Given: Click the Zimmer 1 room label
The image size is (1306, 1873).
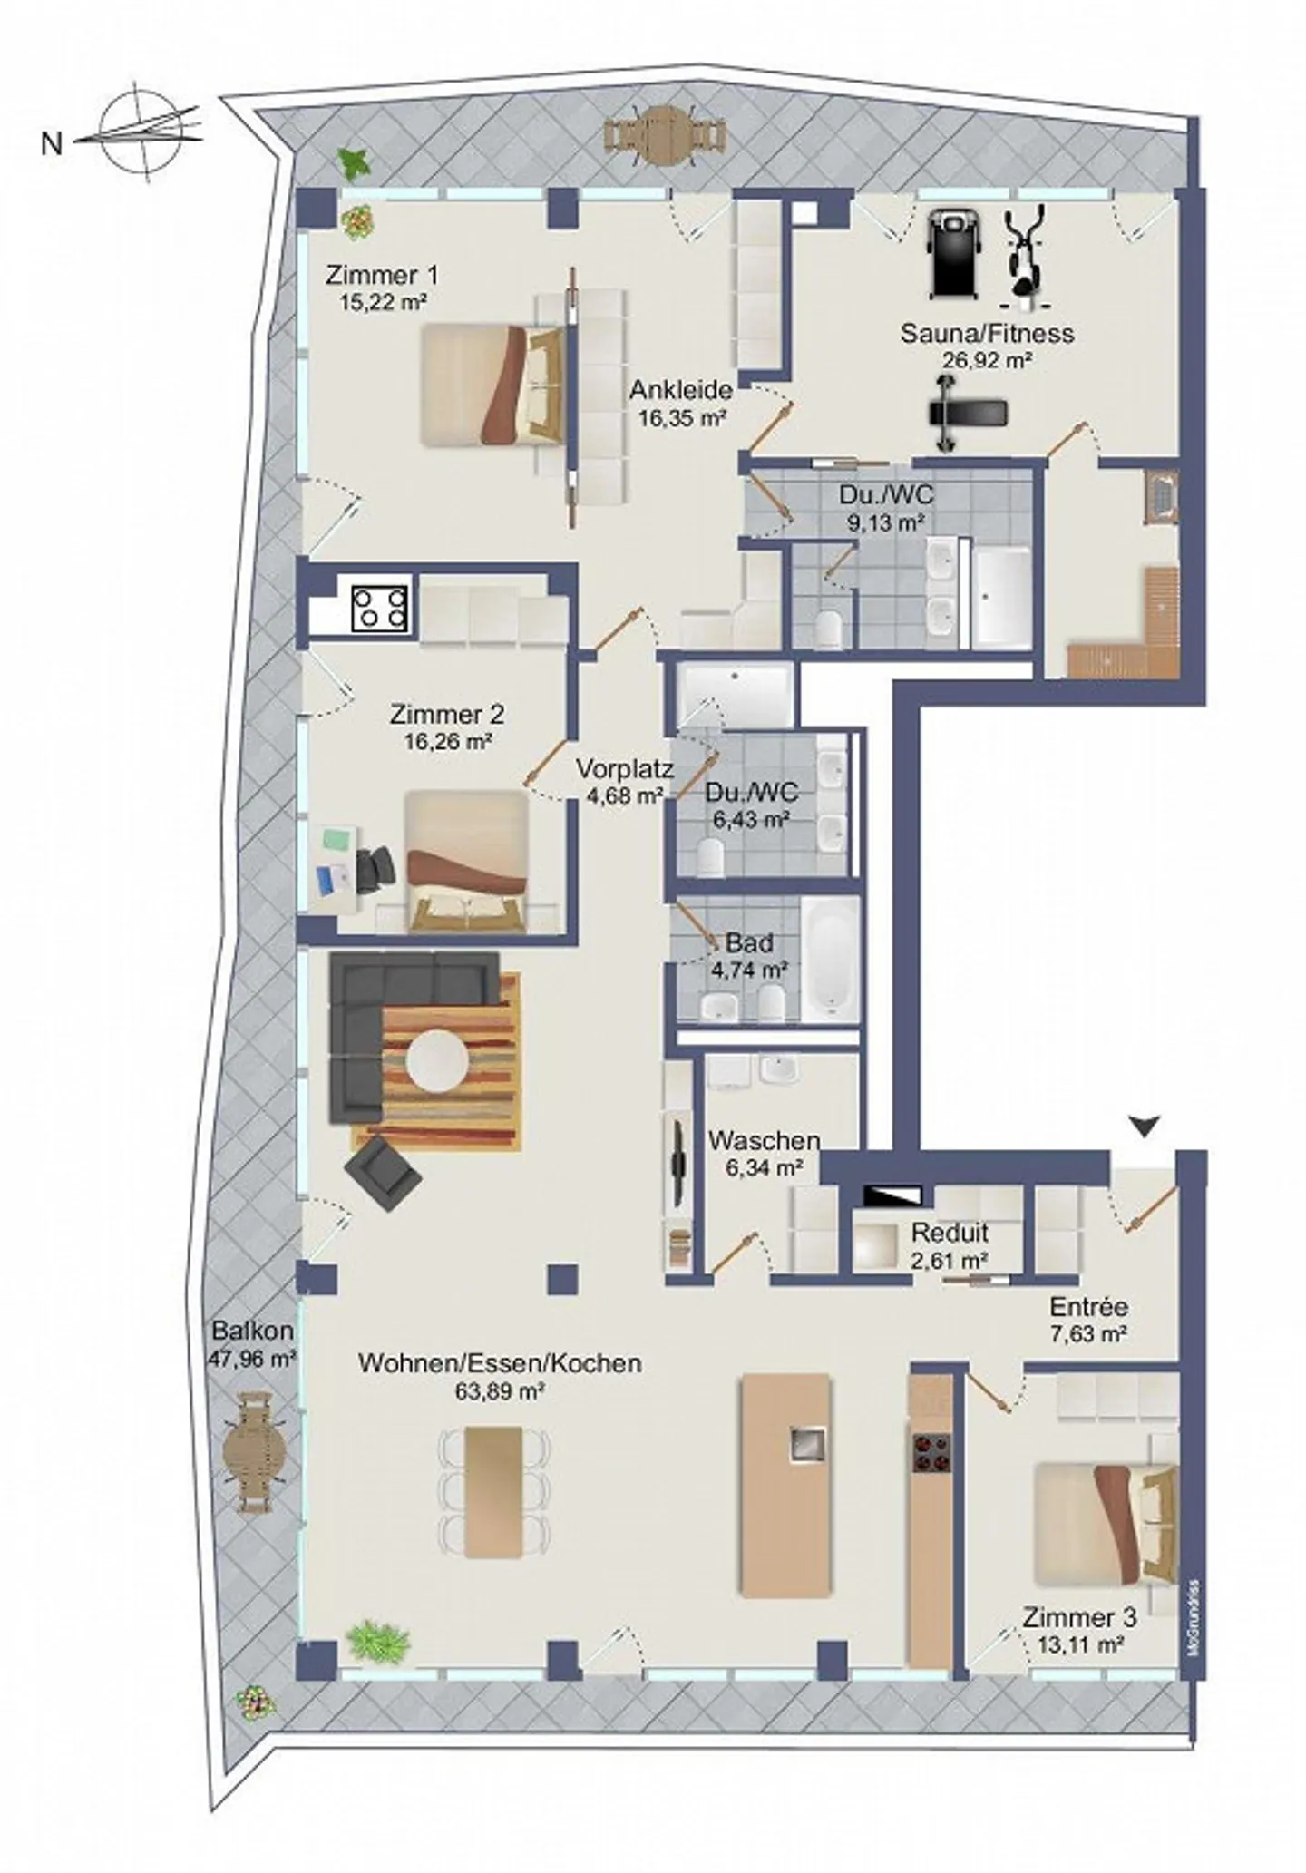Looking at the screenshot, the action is point(383,275).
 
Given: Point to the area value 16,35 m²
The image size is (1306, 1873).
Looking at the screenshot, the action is point(681,418).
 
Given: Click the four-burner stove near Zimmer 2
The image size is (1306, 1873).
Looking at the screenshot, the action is point(380,608).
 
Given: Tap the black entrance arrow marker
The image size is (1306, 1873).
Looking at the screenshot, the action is point(1145,1127).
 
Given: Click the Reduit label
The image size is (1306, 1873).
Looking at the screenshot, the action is point(950,1233).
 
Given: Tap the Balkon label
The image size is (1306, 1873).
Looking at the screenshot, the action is point(253,1331).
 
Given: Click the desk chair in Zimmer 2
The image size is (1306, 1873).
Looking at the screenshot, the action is point(375,868).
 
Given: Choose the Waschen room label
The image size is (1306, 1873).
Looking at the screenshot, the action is point(764,1140).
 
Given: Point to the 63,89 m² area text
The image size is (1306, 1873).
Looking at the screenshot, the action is point(501,1390).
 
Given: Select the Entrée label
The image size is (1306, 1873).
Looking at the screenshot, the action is point(1089,1307).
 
